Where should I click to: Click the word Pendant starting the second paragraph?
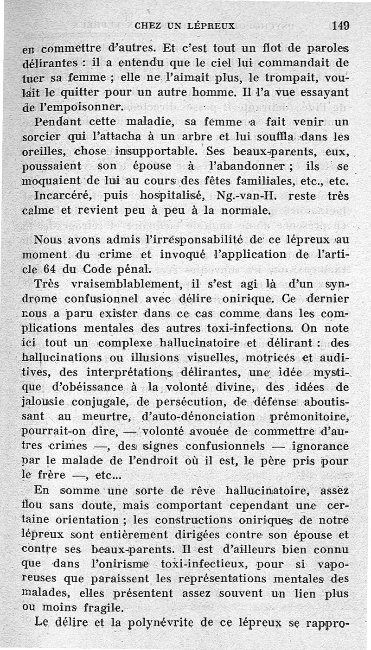coord(58,122)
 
